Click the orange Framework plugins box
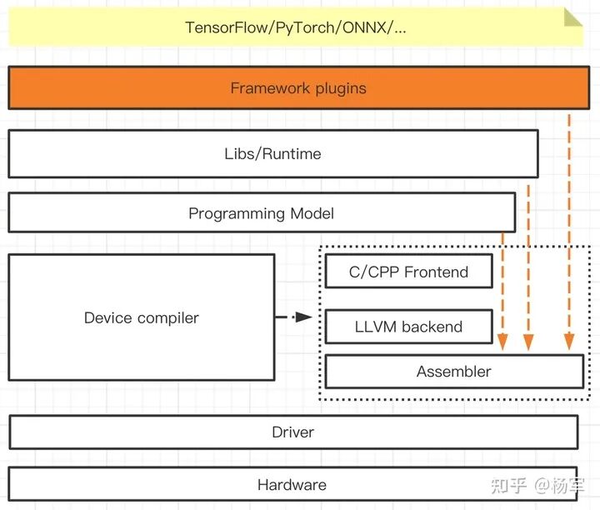pyautogui.click(x=298, y=88)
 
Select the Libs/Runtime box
pyautogui.click(x=272, y=153)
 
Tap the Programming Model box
pyautogui.click(x=261, y=213)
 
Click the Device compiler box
pyautogui.click(x=142, y=317)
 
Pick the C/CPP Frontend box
pyautogui.click(x=408, y=272)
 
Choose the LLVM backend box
pyautogui.click(x=408, y=327)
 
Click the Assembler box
pyautogui.click(x=453, y=372)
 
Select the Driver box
pyautogui.click(x=292, y=432)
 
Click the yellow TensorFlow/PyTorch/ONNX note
pyautogui.click(x=296, y=27)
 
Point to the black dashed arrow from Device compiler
pyautogui.click(x=293, y=317)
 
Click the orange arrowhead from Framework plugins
pyautogui.click(x=569, y=342)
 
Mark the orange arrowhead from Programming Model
pyautogui.click(x=502, y=342)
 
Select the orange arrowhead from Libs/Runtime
pyautogui.click(x=528, y=342)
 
